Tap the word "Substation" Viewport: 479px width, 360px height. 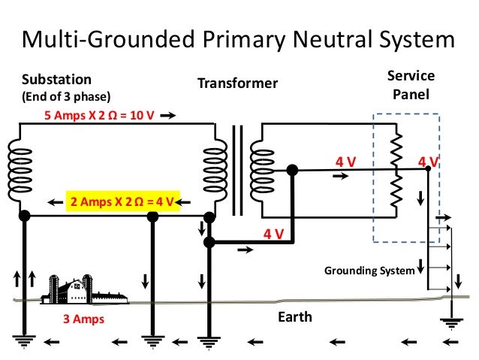pos(57,79)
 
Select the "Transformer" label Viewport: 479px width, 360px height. pos(237,83)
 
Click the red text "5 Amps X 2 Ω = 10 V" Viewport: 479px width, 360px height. pos(98,116)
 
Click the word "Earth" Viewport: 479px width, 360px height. pos(294,317)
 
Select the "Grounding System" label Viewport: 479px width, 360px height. pos(369,270)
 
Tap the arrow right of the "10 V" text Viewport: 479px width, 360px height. pos(168,116)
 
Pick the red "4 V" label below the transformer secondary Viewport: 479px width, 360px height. pos(273,234)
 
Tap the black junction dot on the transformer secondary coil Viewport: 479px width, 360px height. pos(293,171)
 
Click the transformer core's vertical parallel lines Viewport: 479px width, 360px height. pos(238,170)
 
